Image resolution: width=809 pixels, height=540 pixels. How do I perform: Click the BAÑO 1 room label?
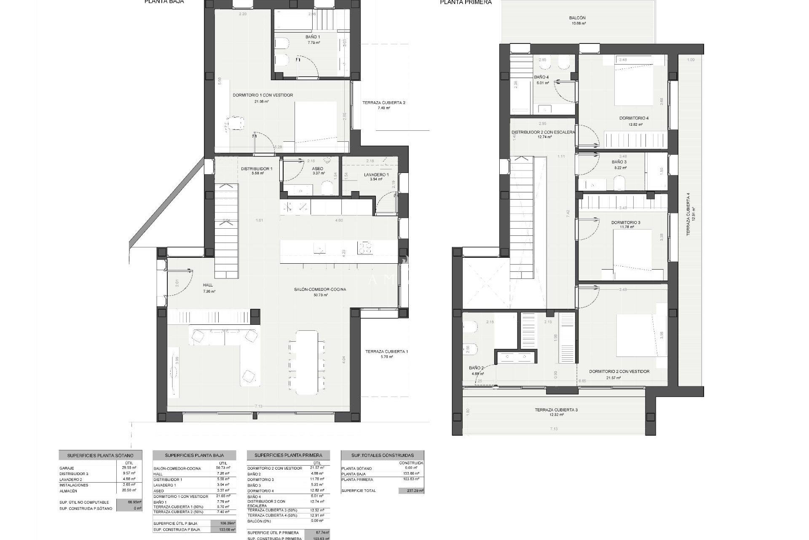pos(313,37)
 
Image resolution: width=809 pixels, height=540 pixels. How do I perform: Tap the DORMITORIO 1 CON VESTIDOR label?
pos(263,95)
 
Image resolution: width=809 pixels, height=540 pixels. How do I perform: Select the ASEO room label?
pos(317,168)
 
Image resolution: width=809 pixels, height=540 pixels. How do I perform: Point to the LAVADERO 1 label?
pos(376,175)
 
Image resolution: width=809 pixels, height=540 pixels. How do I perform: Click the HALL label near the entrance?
pos(208,286)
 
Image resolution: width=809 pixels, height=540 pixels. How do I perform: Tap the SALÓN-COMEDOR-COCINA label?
pos(320,289)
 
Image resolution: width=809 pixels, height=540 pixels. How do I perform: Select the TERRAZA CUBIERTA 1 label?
pos(386,351)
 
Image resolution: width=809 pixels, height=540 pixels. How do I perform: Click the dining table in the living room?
pos(306,362)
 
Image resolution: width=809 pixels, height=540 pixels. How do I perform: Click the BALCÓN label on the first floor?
pos(577,18)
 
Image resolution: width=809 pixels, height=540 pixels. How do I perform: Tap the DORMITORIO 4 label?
pos(633,118)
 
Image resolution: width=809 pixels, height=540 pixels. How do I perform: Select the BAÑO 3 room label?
pos(619,162)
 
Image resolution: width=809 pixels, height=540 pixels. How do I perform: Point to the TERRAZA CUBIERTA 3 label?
pos(556,410)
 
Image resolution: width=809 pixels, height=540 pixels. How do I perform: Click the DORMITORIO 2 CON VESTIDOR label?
pos(619,372)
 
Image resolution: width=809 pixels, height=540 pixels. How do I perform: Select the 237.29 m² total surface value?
pos(411,491)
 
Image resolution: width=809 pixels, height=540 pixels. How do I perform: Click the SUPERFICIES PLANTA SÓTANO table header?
pos(100,456)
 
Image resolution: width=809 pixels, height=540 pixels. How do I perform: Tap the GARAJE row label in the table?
pos(67,468)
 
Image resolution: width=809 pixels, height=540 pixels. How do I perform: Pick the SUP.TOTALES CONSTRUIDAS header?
pos(382,455)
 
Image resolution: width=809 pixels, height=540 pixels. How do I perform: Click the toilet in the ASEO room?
pos(327,188)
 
